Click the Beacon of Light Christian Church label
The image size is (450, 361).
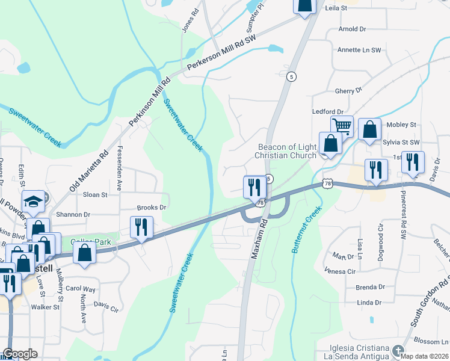pos(285,151)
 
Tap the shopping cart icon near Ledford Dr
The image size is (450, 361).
pos(342,126)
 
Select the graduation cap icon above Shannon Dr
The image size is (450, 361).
pos(34,202)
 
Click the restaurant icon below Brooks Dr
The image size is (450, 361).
pos(141,227)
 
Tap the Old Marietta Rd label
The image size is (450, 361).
pos(88,171)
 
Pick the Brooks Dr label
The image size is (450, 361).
pos(151,208)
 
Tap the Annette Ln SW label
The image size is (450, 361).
pos(359,50)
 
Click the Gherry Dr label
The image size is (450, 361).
pos(349,90)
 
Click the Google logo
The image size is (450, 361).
pos(20,354)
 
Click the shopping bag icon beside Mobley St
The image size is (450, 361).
pos(369,129)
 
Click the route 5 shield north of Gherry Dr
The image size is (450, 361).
pos(291,76)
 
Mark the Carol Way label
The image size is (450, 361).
pos(80,289)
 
